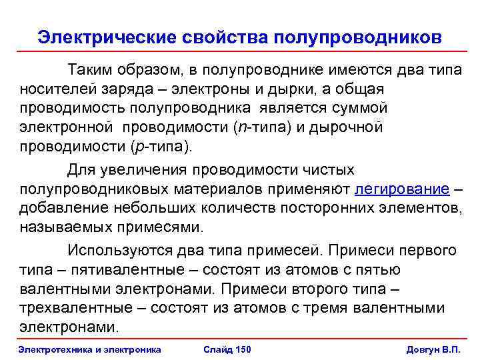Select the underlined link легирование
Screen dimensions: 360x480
(403, 189)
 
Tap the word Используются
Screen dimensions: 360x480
(116, 251)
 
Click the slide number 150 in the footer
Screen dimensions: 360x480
(226, 350)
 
